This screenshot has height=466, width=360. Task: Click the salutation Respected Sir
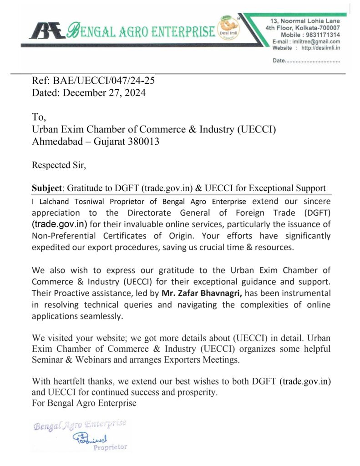[58, 165]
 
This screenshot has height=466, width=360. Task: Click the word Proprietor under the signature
[110, 448]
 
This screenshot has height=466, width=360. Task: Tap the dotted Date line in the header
[306, 61]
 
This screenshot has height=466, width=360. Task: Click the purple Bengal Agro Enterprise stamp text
[80, 425]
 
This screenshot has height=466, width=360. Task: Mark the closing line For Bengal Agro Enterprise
[84, 403]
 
